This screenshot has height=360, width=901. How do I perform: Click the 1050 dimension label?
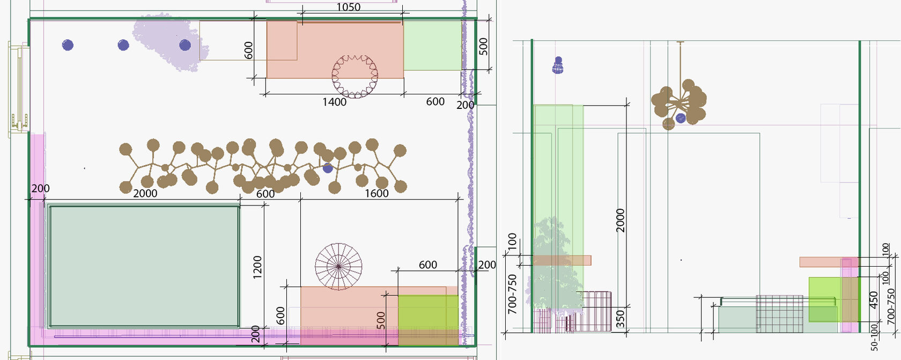pos(349,7)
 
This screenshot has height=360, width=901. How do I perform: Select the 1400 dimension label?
pos(334,102)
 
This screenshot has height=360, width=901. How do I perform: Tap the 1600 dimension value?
pos(376,194)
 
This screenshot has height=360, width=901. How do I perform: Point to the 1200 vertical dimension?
pos(257,267)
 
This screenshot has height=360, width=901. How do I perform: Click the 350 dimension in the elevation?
pos(621,319)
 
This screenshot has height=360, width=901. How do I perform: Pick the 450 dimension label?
pos(873,300)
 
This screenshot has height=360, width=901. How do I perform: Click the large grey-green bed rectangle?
pos(144,267)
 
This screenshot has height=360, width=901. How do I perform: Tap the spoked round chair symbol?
pos(338,266)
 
